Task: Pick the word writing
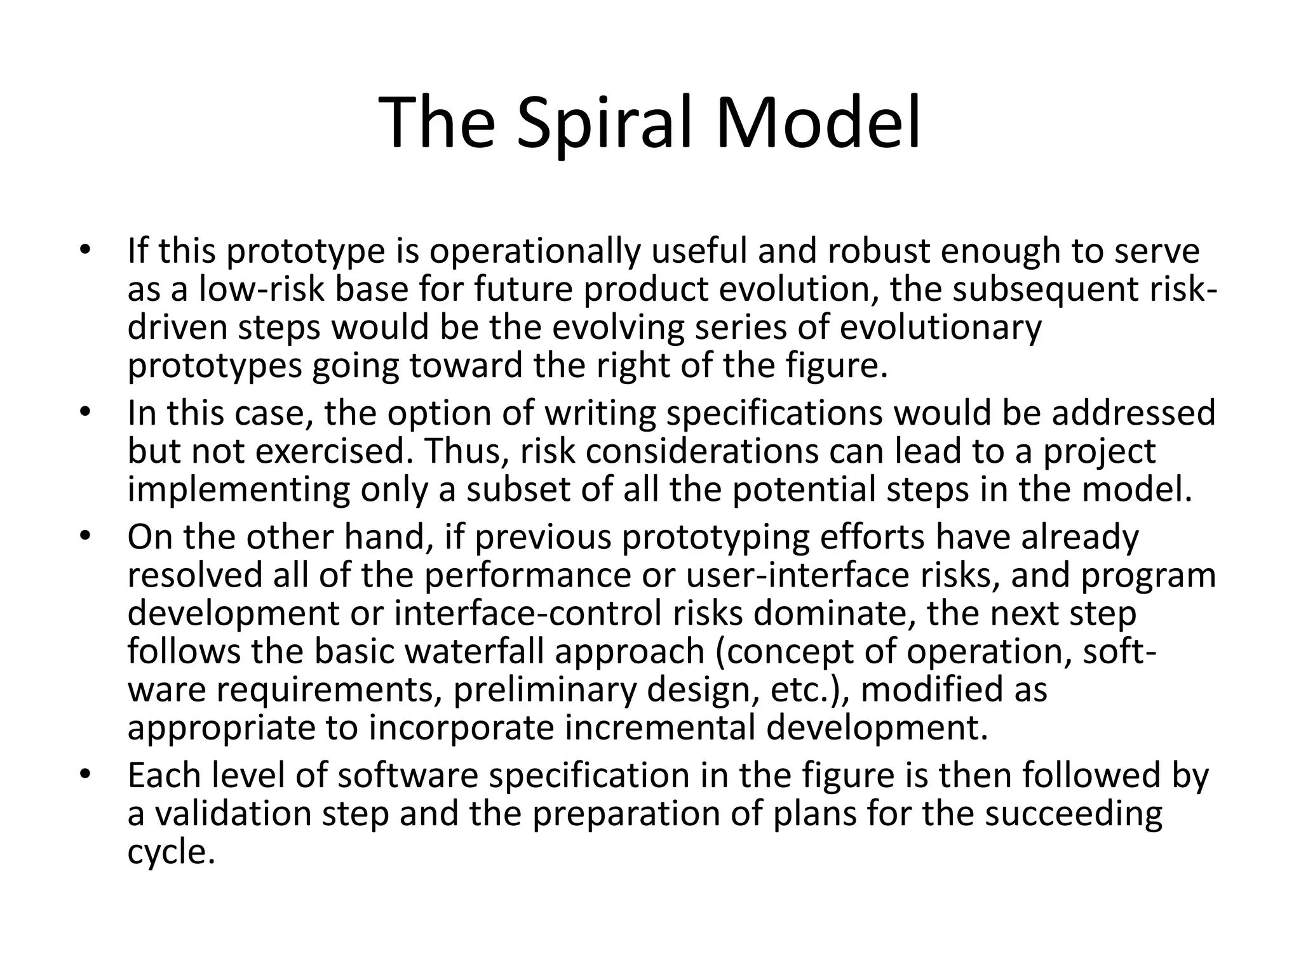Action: click(x=589, y=413)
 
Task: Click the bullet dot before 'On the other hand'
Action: click(x=86, y=537)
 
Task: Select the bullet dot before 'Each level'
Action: click(x=86, y=775)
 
